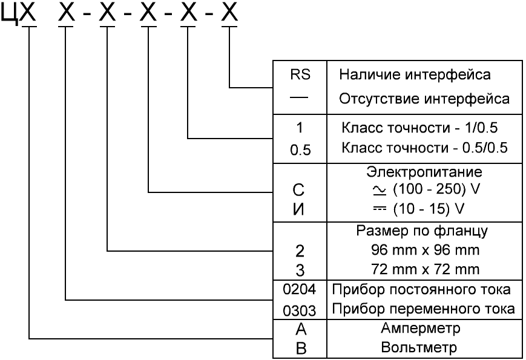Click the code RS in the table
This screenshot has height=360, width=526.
click(300, 76)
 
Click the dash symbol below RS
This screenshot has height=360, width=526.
click(300, 96)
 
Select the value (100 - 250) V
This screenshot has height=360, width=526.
click(427, 189)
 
